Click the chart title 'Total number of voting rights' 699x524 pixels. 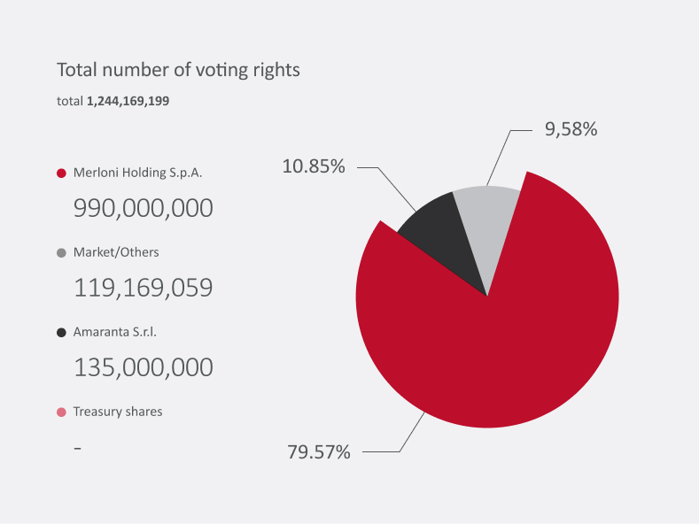178,70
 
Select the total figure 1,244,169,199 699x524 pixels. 128,102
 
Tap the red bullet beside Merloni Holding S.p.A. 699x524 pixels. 61,173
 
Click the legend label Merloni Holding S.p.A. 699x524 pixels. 137,173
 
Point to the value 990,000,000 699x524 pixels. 143,209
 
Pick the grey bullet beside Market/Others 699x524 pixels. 61,253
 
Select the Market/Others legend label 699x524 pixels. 116,252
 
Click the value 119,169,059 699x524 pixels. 143,289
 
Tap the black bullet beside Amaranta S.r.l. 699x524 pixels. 61,333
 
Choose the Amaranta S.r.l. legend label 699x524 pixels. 120,332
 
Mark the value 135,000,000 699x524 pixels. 143,368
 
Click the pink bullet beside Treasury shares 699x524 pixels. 61,412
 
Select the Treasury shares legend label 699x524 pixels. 118,412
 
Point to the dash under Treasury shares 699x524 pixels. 78,448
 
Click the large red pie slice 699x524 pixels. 496,336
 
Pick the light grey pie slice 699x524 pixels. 488,221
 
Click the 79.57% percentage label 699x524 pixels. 319,452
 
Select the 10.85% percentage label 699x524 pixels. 314,166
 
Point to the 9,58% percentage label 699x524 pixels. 571,129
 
